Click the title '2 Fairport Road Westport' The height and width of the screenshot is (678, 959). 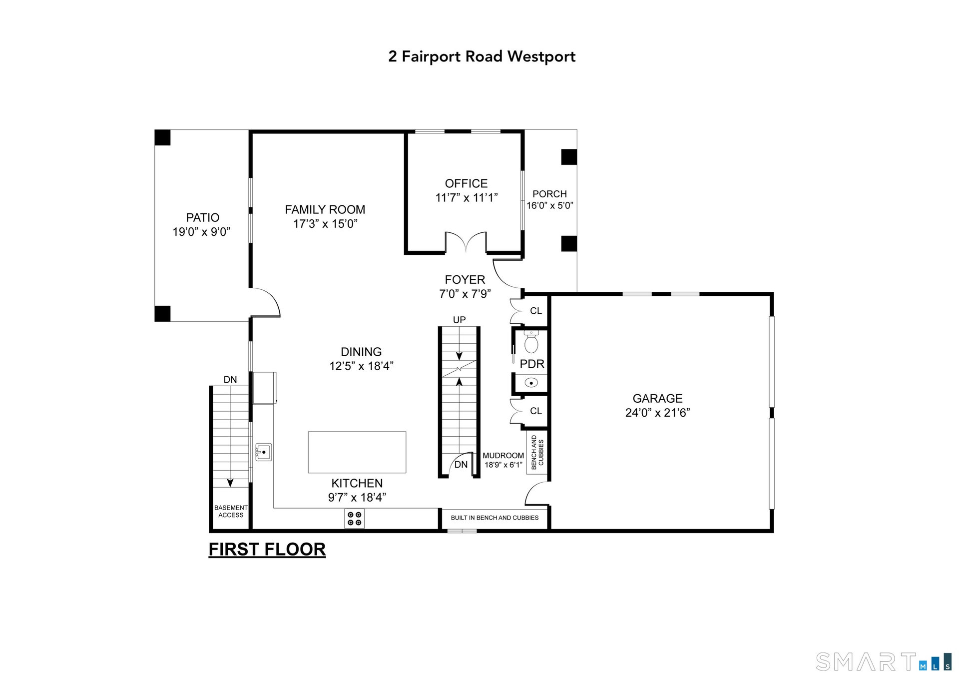click(482, 56)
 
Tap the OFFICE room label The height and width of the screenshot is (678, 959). click(466, 183)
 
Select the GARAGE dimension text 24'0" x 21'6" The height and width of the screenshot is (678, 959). click(657, 413)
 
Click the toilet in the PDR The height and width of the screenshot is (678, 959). click(531, 342)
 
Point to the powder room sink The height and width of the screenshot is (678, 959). click(531, 383)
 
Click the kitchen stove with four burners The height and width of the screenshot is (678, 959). click(354, 519)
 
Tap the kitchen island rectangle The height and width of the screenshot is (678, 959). click(357, 452)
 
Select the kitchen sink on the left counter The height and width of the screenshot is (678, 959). click(263, 452)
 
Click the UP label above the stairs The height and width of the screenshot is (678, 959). click(459, 320)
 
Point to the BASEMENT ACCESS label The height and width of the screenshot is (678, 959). click(231, 511)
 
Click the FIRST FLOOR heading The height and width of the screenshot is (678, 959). click(267, 550)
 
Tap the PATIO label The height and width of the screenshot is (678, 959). click(203, 217)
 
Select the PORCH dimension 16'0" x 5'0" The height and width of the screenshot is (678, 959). click(550, 205)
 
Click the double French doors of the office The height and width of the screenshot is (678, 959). click(466, 242)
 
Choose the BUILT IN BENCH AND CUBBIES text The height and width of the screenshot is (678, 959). click(494, 518)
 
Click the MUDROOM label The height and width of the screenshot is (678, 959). click(503, 456)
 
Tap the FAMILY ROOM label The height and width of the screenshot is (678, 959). click(325, 209)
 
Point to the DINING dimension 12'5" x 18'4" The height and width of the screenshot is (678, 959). click(361, 366)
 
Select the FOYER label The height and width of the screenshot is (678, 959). click(465, 280)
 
